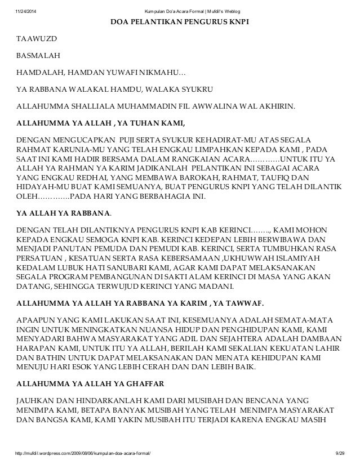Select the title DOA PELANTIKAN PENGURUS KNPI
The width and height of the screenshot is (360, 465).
179,22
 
